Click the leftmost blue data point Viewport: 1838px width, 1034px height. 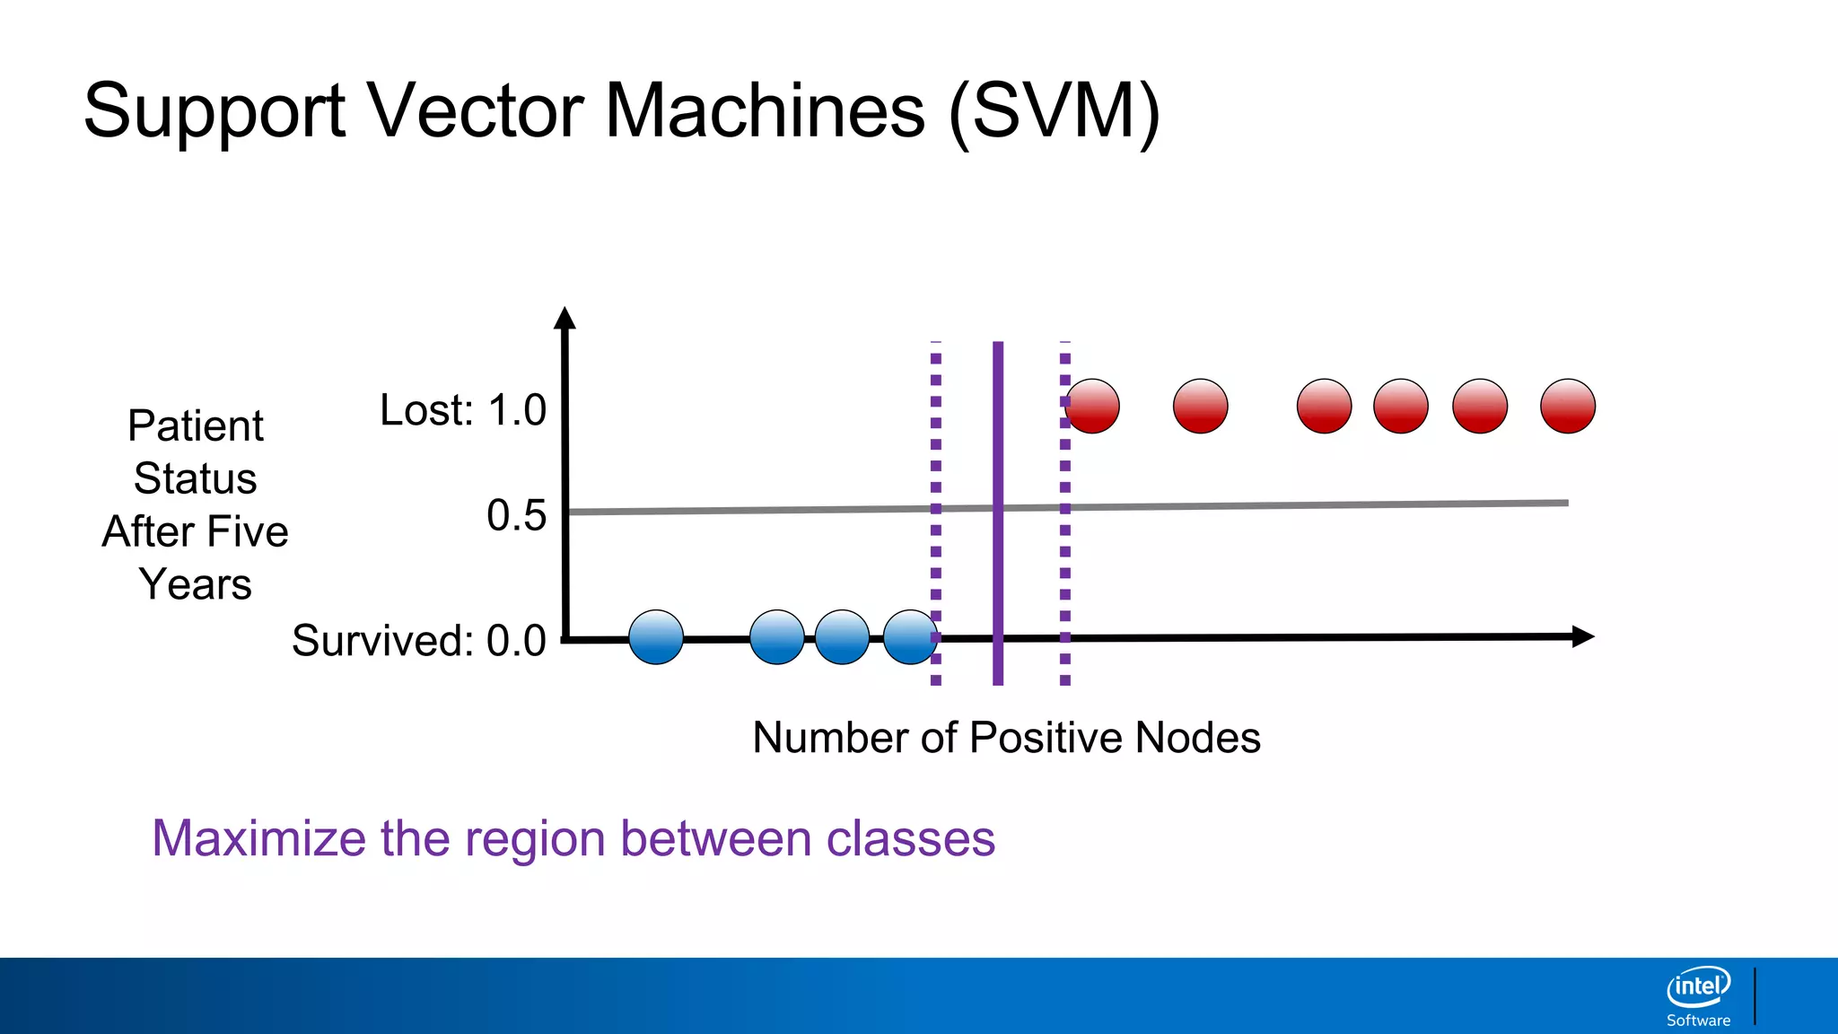[656, 637]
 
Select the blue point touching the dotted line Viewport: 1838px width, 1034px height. [910, 637]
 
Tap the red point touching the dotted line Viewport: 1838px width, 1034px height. [1093, 407]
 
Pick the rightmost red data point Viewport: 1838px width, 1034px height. [1568, 407]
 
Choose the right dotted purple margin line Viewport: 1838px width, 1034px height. [1065, 556]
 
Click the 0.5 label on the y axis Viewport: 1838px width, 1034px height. [516, 516]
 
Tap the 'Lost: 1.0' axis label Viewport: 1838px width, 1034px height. [463, 410]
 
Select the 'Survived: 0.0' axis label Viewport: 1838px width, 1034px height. [419, 641]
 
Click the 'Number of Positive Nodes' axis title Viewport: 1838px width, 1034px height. [1006, 738]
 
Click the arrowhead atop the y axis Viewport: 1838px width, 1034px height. [565, 319]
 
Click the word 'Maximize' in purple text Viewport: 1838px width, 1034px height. [258, 838]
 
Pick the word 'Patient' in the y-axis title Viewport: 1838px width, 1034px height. [196, 425]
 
